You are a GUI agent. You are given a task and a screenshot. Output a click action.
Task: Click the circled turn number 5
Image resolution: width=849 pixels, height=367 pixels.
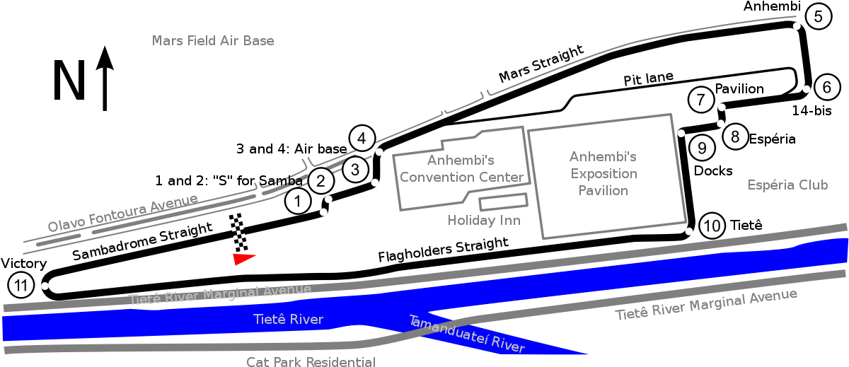(x=819, y=17)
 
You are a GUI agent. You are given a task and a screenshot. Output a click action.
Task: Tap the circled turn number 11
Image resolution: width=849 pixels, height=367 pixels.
(x=21, y=285)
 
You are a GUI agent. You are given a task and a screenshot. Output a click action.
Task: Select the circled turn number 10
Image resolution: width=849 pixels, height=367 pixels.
(x=712, y=226)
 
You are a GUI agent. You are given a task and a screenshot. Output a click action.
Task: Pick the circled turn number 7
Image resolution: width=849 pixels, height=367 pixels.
(x=701, y=100)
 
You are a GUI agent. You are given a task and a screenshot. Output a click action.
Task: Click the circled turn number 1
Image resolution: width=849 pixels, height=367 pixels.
(x=298, y=201)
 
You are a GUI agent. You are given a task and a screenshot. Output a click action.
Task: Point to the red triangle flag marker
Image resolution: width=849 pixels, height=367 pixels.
(x=243, y=259)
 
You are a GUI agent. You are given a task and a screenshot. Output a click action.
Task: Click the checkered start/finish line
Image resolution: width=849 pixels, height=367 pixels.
(x=238, y=233)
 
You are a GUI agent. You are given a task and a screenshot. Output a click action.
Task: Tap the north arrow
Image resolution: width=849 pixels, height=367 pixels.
(x=105, y=78)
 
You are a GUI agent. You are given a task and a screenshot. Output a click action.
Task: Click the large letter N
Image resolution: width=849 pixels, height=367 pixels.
(x=69, y=81)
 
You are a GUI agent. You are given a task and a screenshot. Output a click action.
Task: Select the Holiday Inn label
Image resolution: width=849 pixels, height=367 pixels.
(x=484, y=220)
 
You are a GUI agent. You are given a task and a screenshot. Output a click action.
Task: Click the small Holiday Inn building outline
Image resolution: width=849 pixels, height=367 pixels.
(x=503, y=202)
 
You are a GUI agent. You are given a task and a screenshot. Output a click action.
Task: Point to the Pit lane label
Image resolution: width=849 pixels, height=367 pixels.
(x=649, y=78)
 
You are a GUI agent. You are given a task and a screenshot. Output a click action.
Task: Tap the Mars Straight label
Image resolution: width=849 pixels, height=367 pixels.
(x=541, y=63)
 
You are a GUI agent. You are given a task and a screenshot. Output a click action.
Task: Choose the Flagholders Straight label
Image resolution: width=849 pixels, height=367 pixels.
(x=443, y=249)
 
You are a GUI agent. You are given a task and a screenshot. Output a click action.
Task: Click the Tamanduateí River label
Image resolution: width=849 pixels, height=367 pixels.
(x=467, y=334)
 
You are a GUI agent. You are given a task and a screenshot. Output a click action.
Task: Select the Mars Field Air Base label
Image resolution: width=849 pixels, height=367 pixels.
(x=213, y=40)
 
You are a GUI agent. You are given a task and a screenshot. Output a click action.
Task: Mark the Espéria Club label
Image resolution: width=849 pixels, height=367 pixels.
(x=787, y=185)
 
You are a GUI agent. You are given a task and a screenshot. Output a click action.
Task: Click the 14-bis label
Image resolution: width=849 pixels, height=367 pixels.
(x=812, y=110)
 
